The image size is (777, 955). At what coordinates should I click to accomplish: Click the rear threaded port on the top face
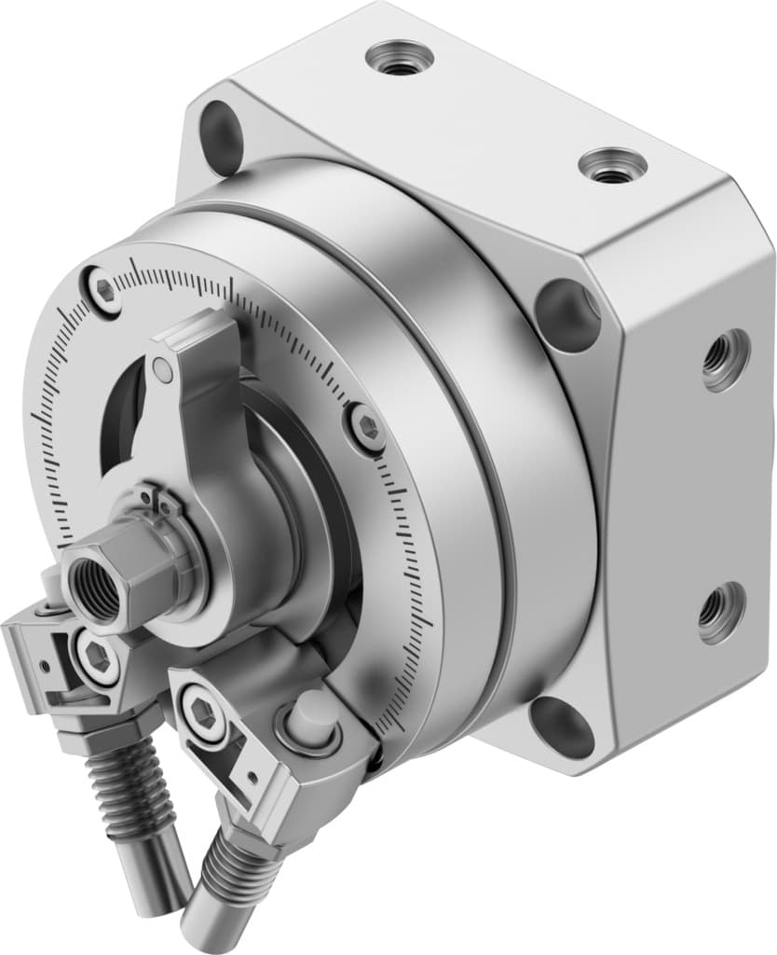pos(399,57)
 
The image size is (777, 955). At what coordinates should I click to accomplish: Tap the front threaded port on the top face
pos(612,166)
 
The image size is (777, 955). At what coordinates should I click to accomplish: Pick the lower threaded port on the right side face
pos(721,611)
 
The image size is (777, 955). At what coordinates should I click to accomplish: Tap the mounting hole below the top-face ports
pos(567,312)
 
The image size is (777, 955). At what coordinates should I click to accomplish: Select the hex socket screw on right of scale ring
pos(366,428)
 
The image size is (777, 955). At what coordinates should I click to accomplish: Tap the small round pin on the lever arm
pos(163,371)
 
